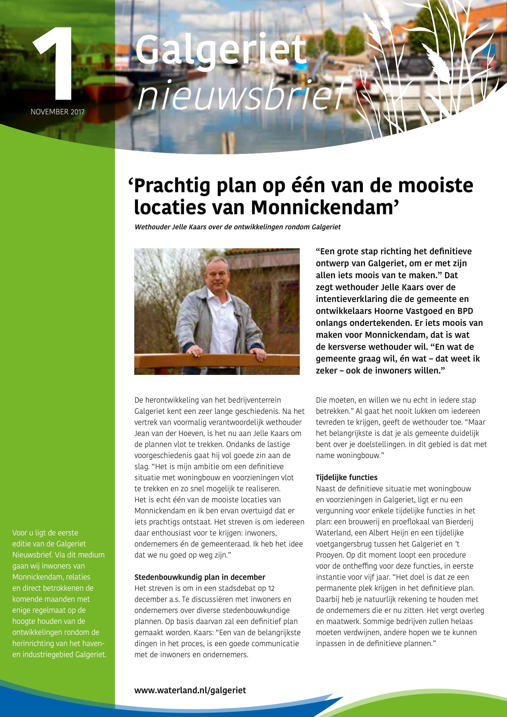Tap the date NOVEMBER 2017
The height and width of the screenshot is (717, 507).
click(57, 112)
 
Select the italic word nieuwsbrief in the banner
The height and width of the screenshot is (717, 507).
click(242, 95)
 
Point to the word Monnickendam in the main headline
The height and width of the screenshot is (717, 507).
click(325, 208)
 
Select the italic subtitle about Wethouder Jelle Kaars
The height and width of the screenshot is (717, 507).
click(237, 227)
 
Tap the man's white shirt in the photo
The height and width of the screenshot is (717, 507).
click(223, 325)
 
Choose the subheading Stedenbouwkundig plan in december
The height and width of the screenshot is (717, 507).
click(200, 577)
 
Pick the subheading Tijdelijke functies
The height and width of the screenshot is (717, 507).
click(347, 478)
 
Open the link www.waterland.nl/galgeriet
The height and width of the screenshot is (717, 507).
click(190, 690)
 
